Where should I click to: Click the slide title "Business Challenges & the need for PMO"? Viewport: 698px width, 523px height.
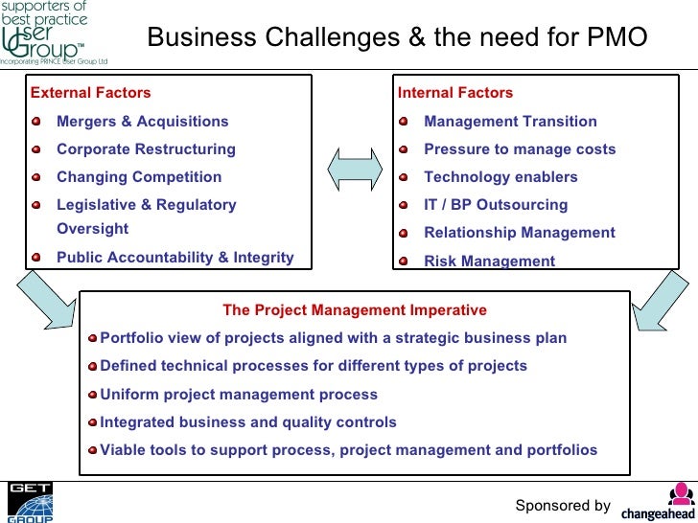coord(397,37)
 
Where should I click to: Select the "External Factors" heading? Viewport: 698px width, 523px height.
coord(91,93)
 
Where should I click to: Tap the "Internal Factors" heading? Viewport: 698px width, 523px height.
coord(455,93)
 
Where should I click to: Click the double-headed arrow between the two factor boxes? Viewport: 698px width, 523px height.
coord(355,171)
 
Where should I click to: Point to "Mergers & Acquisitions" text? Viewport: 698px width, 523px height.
coord(143,122)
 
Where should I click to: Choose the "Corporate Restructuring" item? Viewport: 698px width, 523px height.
coord(146,149)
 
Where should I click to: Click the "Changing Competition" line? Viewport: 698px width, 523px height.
coord(139,177)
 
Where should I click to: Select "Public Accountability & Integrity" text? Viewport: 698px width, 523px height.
coord(175,258)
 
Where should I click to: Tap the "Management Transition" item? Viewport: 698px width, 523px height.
coord(510,122)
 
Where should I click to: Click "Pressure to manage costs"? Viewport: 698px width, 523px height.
coord(520,149)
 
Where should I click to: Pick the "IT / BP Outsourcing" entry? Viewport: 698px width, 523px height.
coord(496,205)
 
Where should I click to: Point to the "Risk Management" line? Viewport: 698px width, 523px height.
coord(489,261)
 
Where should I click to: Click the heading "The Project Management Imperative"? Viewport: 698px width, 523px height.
coord(355,310)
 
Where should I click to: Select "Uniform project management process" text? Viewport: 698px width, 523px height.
coord(239,395)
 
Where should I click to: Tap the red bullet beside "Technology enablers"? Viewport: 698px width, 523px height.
coord(404,177)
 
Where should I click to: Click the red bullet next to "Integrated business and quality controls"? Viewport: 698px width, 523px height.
coord(92,422)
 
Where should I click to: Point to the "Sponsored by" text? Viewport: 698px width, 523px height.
coord(563,506)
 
